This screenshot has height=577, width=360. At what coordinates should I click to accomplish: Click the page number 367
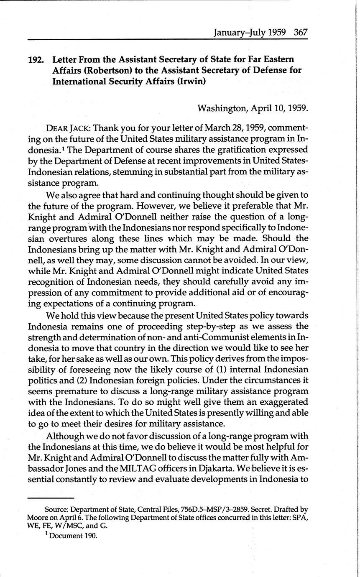click(x=300, y=32)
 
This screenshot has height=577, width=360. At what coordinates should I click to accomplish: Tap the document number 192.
click(x=36, y=59)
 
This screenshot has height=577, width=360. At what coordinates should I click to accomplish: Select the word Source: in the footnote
click(x=56, y=510)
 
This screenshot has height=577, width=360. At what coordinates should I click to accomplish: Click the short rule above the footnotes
click(x=51, y=498)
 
